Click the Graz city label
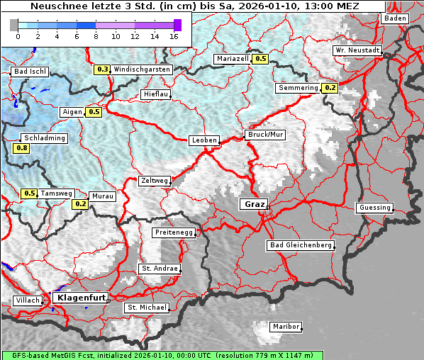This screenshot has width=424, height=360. pos(253,204)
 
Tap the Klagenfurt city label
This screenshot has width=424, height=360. pos(80,298)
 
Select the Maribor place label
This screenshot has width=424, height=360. pos(286,327)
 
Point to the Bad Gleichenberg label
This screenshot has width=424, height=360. pos(300,245)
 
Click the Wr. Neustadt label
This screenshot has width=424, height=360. pos(357,51)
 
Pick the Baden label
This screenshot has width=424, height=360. pos(396,18)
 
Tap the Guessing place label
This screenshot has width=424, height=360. pos(374,208)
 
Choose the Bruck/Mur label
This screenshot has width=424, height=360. pos(264,134)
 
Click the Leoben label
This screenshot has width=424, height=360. pos(204,140)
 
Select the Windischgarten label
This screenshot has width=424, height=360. pos(142,69)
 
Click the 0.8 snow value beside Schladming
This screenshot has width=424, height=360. pos(21,148)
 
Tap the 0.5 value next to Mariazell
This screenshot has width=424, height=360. pos(261,60)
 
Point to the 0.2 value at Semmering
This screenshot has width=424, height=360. pos(330,88)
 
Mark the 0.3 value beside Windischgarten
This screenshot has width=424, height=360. pos(103,69)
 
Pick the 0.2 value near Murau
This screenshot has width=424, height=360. pos(80,204)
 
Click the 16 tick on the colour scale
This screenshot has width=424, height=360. pos(174,35)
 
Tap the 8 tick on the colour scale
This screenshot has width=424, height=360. pos(96,35)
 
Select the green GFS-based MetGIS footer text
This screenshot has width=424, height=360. pos(162,355)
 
